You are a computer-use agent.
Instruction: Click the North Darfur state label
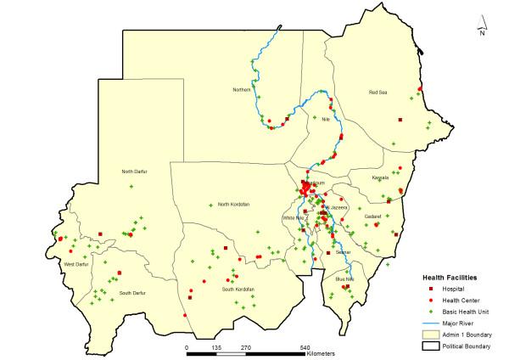pos(134,172)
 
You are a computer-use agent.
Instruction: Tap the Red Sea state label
pos(378,92)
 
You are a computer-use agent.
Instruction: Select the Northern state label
pos(243,89)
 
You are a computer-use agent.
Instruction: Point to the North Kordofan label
pos(234,204)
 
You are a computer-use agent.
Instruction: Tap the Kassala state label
pos(380,177)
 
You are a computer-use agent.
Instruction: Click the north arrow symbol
pos(481,25)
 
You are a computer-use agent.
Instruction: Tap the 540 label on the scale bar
pos(305,347)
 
